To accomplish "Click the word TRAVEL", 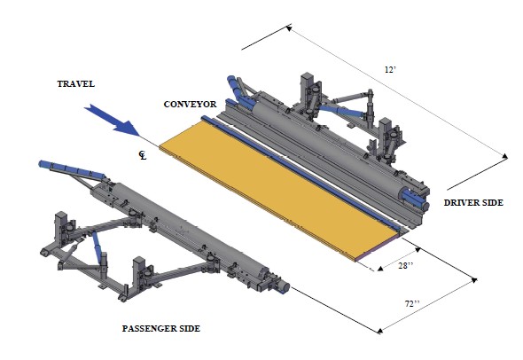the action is [75, 83].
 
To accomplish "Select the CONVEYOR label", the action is [190, 105].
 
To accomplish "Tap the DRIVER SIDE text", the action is [473, 202].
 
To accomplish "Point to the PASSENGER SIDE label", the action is [161, 329].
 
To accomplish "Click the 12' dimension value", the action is [390, 70].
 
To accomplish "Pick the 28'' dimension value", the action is [406, 266].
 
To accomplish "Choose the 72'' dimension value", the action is [412, 303].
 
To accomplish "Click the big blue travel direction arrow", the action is [113, 121].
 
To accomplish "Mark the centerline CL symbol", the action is [143, 155].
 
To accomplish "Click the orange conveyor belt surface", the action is [280, 191].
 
